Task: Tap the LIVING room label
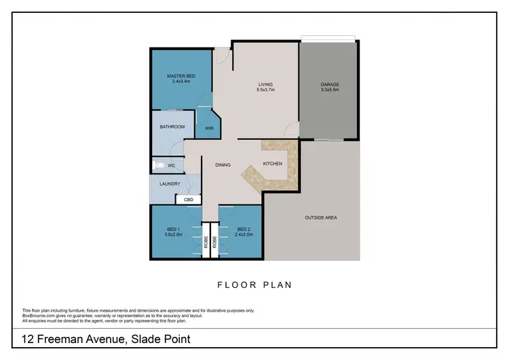point(265,85)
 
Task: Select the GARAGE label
point(330,85)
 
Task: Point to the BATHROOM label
point(172,127)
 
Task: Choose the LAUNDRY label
point(170,183)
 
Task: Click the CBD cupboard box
point(189,200)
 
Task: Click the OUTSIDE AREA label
point(321,217)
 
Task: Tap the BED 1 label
point(172,230)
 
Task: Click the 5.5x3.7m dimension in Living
point(265,90)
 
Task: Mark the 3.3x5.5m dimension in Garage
point(330,90)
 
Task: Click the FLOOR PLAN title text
point(254,285)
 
